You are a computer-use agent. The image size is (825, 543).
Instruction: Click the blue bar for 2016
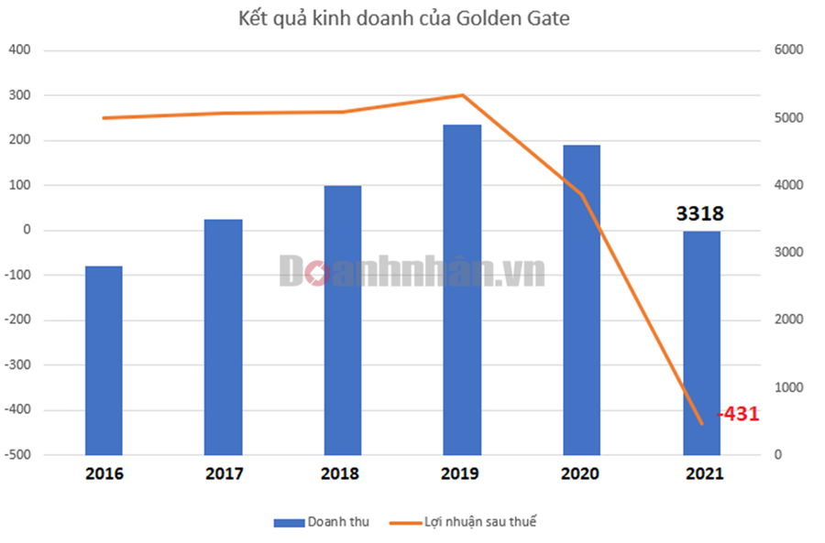pos(104,360)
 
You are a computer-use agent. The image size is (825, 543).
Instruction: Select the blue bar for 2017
pos(223,337)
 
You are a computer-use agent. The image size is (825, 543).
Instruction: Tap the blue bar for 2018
pos(342,320)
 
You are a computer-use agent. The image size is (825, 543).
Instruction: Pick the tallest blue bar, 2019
pos(462,289)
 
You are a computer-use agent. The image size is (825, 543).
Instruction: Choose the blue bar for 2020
pos(581,299)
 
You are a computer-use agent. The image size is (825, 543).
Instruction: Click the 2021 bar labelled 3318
pos(701,342)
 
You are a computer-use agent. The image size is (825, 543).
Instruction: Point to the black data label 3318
pos(700,214)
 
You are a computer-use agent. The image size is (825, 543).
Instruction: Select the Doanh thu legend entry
pos(321,522)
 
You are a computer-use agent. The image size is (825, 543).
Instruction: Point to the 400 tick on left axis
pos(20,50)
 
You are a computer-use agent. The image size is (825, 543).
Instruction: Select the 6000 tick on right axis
pos(789,50)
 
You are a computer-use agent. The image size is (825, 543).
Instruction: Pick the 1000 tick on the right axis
pos(789,387)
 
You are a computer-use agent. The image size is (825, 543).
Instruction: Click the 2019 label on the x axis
pos(462,474)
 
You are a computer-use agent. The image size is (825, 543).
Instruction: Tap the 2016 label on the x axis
pos(104,474)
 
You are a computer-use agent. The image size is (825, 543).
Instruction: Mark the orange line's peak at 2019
pos(462,95)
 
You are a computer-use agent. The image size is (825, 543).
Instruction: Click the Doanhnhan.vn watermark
pos(412,271)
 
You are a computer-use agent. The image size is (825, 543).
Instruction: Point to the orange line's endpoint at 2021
pos(701,424)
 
